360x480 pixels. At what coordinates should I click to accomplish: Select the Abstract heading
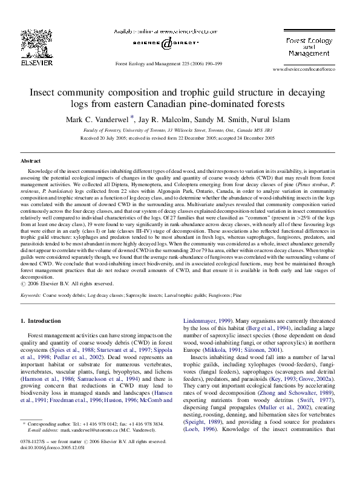31,161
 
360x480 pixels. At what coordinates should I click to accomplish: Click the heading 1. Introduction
41,321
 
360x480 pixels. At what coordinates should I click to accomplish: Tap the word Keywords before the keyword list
31,296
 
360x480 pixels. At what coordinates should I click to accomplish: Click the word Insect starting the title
45,94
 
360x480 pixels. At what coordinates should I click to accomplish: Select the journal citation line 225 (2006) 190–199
168,63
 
